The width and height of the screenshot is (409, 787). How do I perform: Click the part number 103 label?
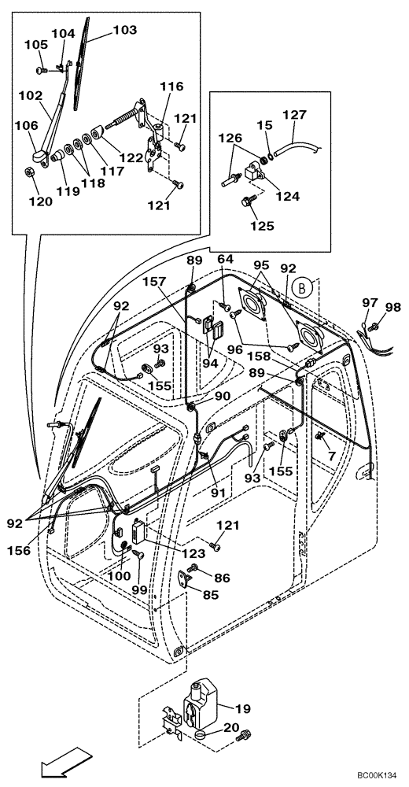click(124, 30)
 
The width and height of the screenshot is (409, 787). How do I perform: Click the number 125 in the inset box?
click(261, 226)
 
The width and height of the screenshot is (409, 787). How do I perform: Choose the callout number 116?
click(171, 87)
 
